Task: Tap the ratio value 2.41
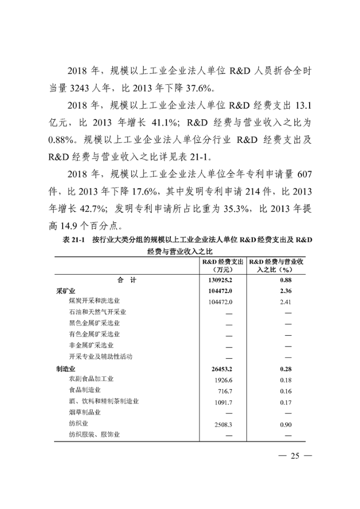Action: pos(285,301)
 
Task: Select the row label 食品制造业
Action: pos(84,390)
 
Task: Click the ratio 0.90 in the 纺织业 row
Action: pos(285,424)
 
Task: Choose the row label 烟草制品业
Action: pos(84,413)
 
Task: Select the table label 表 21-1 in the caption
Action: pos(73,240)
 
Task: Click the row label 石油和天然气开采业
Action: pos(97,312)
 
